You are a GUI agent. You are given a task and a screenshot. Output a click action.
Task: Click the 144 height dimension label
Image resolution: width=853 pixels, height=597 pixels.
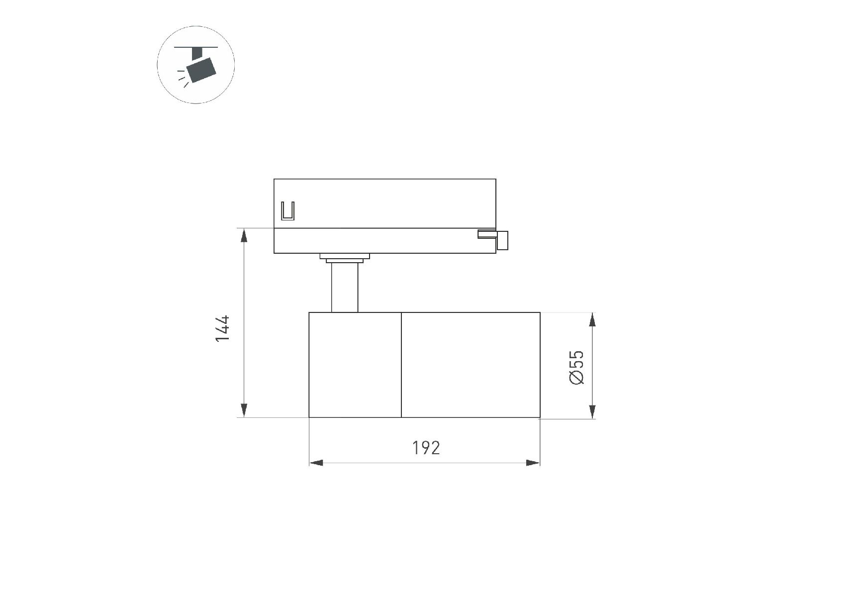pos(222,328)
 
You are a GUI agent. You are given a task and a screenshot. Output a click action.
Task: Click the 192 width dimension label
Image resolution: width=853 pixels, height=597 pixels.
pos(426,448)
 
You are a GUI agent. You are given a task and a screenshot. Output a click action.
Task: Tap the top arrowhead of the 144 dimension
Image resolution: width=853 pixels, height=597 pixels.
pos(244,235)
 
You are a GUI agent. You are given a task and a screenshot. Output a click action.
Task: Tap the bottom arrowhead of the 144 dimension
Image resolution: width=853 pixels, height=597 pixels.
pos(244,410)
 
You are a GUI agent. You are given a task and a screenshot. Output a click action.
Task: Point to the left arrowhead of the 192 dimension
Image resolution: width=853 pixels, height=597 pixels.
pos(316,463)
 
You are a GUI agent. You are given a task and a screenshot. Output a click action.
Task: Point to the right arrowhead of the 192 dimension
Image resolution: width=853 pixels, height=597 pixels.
pos(533,463)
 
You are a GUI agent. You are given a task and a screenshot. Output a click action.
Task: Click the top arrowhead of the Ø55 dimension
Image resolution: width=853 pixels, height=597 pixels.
pos(592,320)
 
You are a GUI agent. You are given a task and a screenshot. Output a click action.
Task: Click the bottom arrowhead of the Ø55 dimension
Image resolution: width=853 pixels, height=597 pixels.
pos(592,411)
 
